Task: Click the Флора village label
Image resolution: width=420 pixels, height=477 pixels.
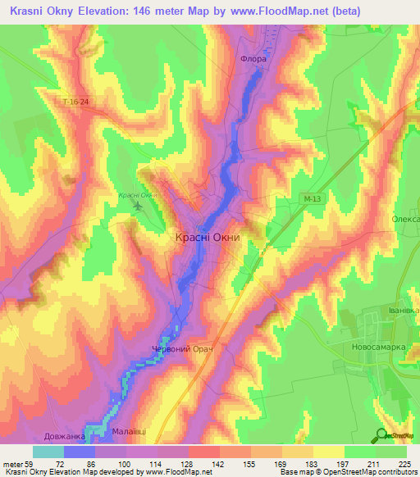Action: (253, 60)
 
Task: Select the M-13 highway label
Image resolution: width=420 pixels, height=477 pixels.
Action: (308, 198)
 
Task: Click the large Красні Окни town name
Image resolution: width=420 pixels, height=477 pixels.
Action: (208, 237)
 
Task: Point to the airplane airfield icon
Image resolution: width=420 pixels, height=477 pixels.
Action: (137, 205)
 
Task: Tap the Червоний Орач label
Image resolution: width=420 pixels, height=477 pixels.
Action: (183, 350)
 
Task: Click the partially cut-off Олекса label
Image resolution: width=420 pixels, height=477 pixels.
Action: (405, 220)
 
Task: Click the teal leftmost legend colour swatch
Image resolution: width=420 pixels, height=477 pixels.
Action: (48, 452)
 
